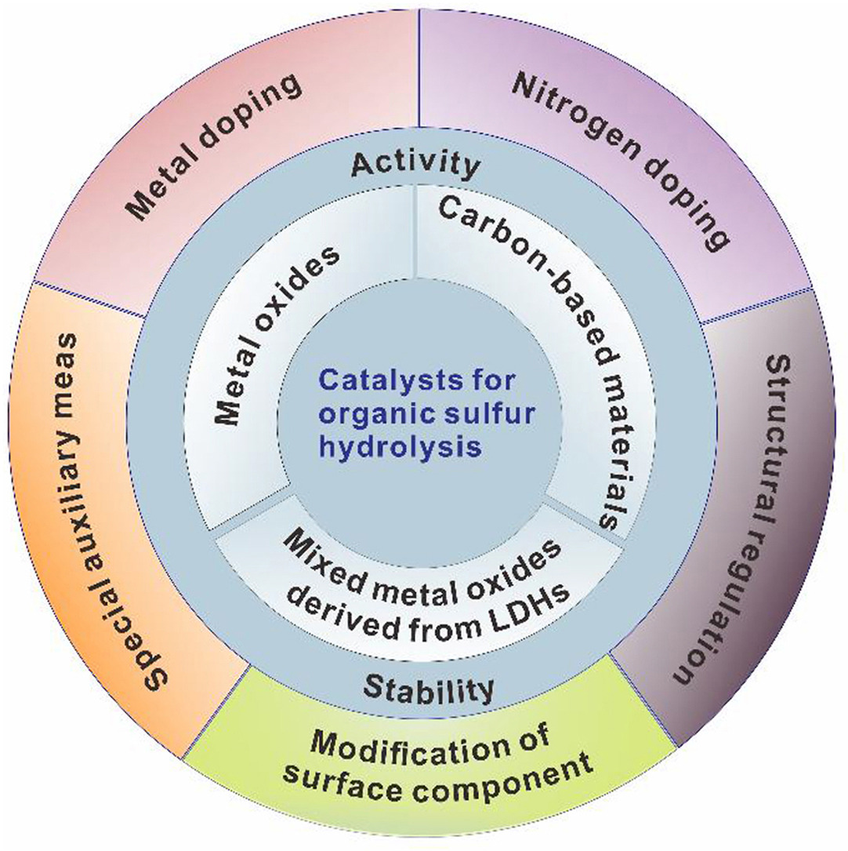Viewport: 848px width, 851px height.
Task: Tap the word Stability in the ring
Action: pyautogui.click(x=430, y=689)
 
